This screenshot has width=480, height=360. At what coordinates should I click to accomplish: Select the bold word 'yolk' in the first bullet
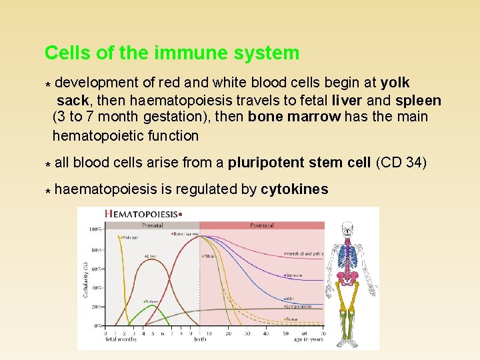tap(395, 83)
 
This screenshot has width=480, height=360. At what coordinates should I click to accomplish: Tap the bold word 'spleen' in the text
tap(418, 101)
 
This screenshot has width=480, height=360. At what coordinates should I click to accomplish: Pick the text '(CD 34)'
tap(401, 163)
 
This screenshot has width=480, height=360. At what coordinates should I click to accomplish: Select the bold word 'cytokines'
tap(295, 189)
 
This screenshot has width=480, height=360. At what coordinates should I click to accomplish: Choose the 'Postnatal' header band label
tap(261, 225)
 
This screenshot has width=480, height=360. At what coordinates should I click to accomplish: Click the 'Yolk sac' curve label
tap(130, 237)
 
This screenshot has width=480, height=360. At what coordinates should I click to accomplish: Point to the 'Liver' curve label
tap(151, 255)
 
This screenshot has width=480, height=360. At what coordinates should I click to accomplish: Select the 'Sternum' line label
tap(293, 275)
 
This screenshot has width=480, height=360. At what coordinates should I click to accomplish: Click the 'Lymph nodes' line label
tap(298, 307)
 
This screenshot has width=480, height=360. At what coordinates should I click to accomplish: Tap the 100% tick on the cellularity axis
tap(95, 229)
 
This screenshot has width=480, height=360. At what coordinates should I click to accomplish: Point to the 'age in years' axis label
tap(308, 339)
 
